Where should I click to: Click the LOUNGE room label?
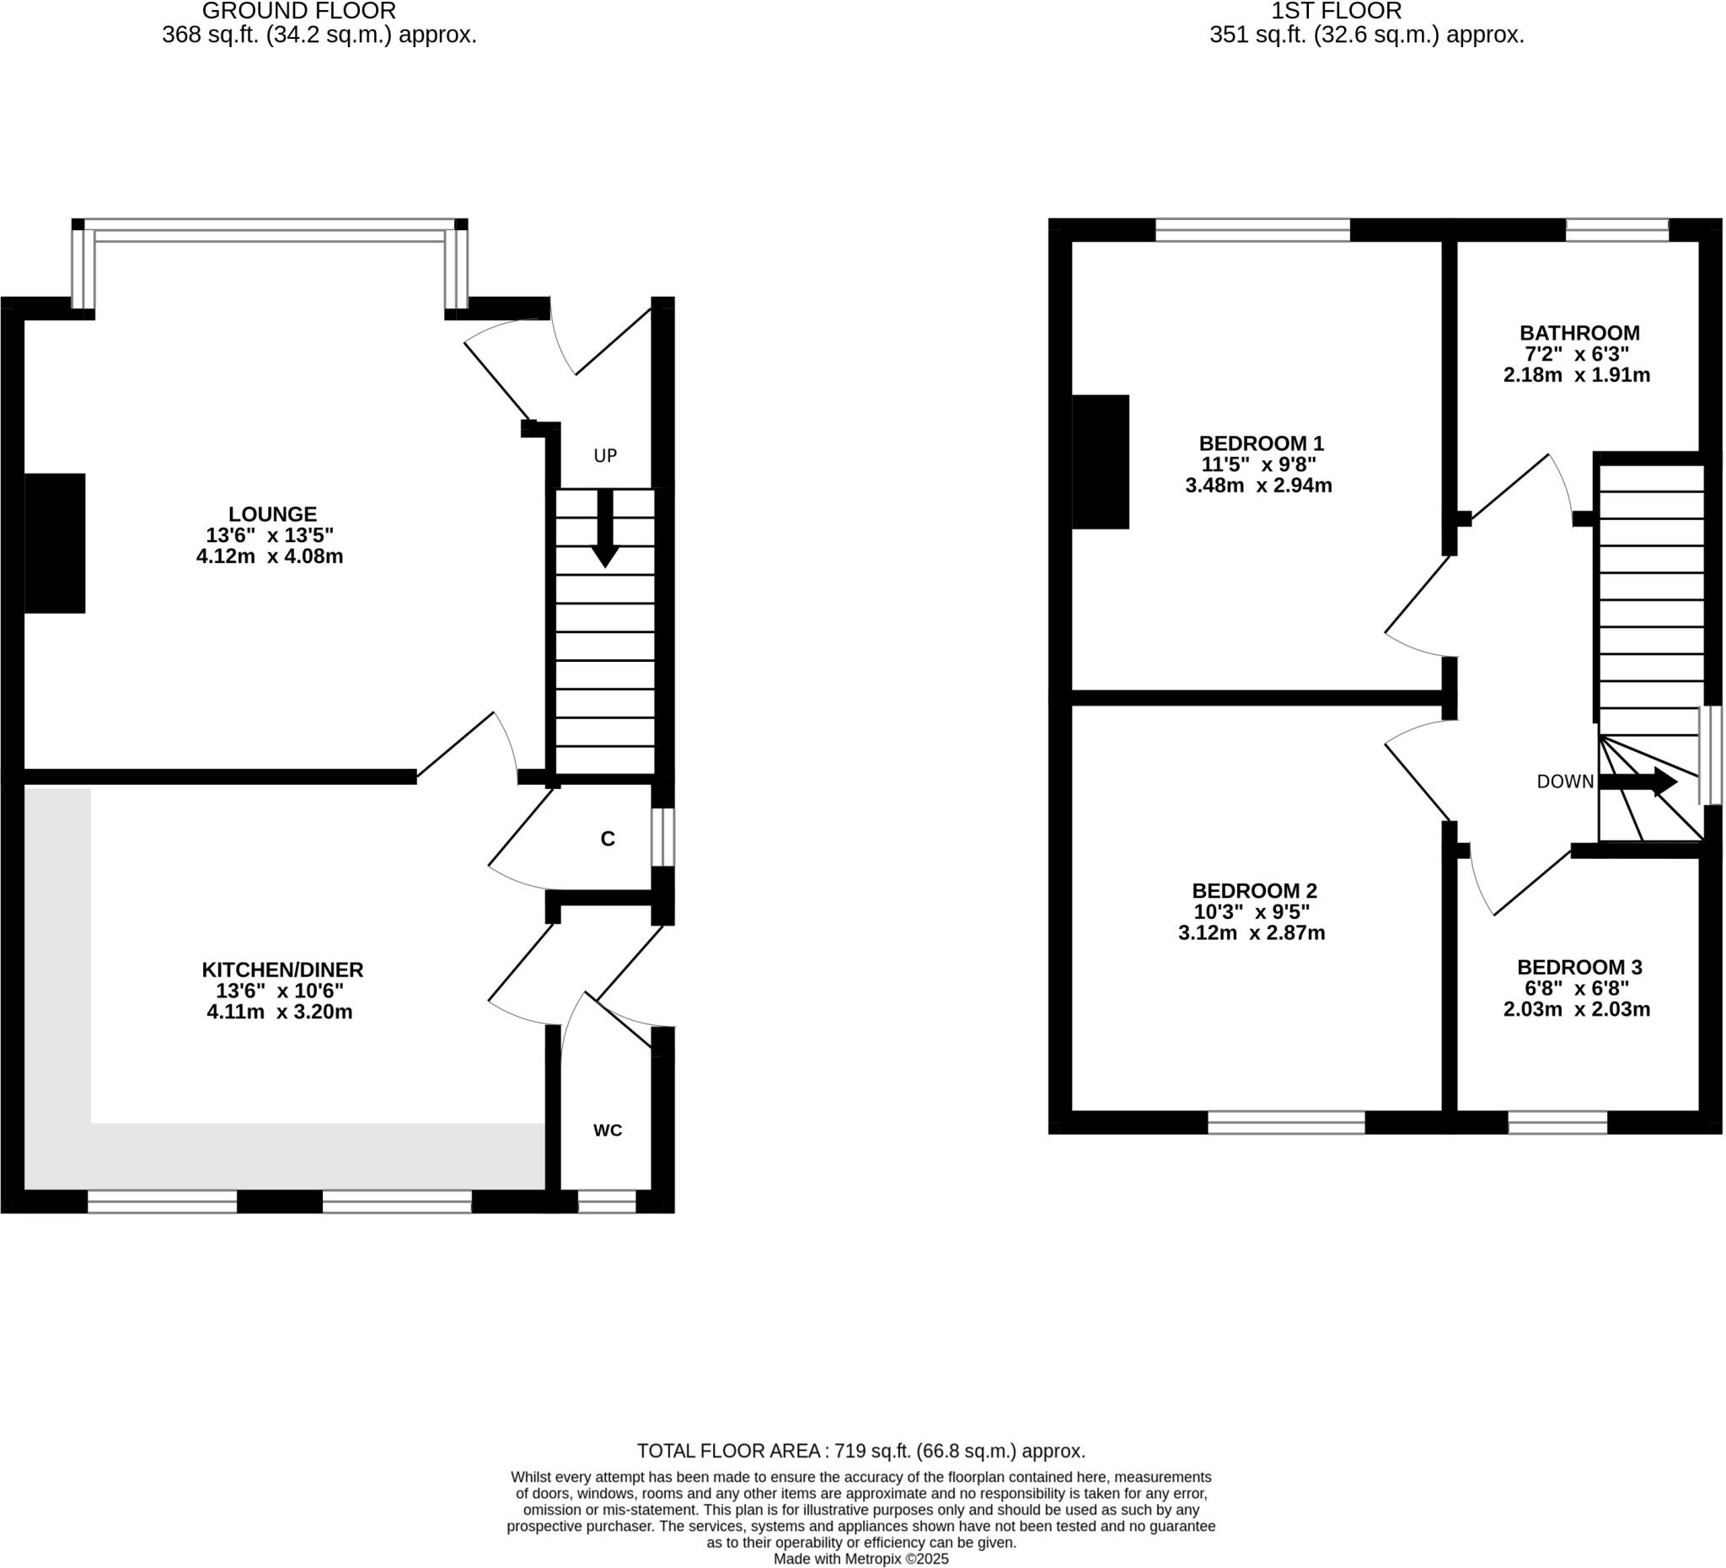pos(272,514)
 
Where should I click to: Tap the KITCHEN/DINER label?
pos(282,969)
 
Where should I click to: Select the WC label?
pos(607,1130)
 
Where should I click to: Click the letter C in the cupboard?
pos(607,840)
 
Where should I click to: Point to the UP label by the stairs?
pos(604,455)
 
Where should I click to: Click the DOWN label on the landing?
pos(1564,781)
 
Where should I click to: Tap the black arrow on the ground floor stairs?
pos(604,529)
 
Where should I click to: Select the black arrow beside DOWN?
pos(1637,781)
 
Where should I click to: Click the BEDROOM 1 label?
pos(1260,443)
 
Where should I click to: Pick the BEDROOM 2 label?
pos(1253,890)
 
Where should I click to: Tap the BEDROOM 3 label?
pos(1579,967)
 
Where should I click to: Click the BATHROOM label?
pos(1579,332)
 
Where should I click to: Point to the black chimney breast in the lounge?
pos(55,543)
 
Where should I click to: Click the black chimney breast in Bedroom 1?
pos(1099,462)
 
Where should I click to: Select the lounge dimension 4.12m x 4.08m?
pos(270,556)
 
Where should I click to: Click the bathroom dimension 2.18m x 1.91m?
pos(1575,375)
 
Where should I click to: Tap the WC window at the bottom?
pos(606,1201)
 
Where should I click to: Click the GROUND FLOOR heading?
pos(299,11)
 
